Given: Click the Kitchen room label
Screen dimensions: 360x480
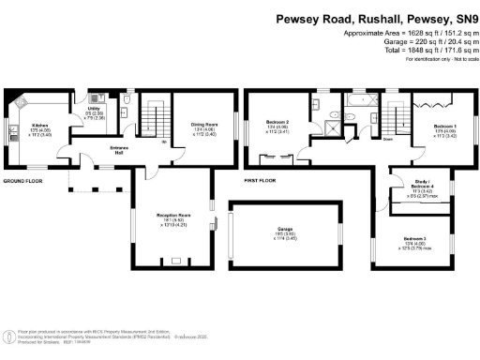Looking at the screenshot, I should (x=39, y=126).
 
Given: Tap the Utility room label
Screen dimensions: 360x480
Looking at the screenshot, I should (x=94, y=110).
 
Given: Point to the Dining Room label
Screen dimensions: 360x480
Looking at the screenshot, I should (x=203, y=125).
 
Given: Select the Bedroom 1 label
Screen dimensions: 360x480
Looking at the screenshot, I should (x=444, y=125).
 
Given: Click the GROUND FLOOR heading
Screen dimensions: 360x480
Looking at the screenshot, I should (x=24, y=179).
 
